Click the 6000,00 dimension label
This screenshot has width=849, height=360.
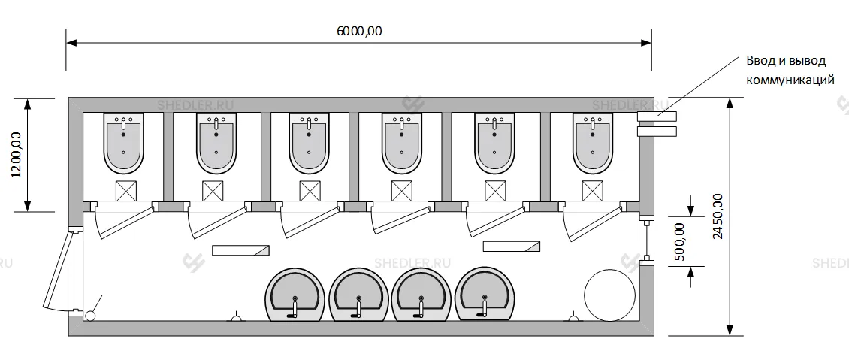click(358, 31)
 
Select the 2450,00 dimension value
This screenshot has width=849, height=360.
click(717, 216)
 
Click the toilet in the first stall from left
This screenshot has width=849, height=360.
click(122, 143)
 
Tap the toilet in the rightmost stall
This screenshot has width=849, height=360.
click(593, 143)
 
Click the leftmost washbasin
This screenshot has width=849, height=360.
click(295, 294)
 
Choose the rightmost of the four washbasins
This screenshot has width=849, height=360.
click(486, 292)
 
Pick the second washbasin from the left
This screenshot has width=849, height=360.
click(359, 294)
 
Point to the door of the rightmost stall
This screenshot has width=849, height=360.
click(593, 223)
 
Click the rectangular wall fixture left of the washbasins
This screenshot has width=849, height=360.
click(240, 250)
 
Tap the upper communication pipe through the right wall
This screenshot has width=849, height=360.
click(657, 116)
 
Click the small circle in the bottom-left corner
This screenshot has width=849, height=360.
click(92, 316)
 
